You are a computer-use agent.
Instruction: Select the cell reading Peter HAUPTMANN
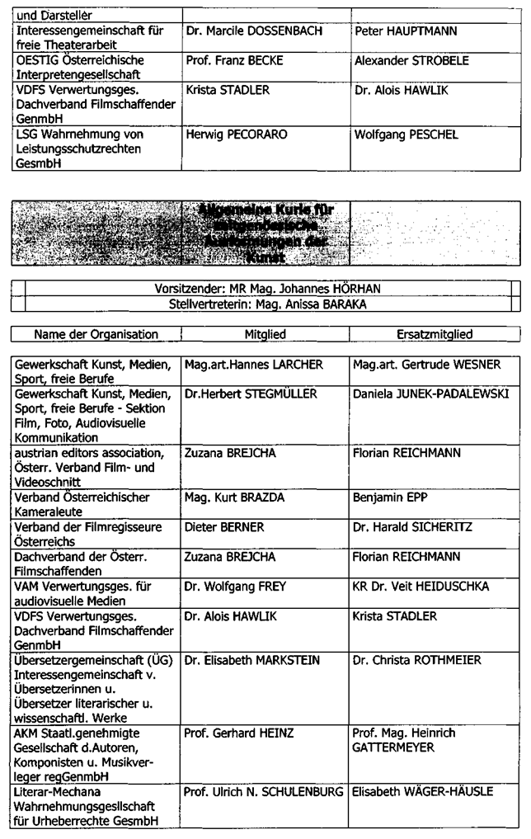coord(399,31)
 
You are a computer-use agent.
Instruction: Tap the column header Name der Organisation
coord(96,334)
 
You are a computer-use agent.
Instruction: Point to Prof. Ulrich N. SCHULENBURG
coord(265,792)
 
